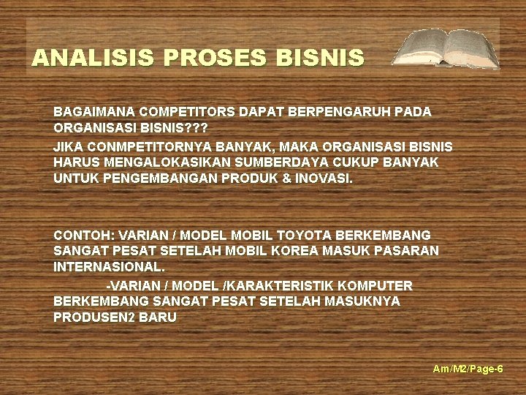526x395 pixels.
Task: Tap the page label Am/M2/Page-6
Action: [x=468, y=369]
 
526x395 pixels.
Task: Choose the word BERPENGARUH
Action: [x=340, y=112]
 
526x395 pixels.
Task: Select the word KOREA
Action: [x=289, y=251]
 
